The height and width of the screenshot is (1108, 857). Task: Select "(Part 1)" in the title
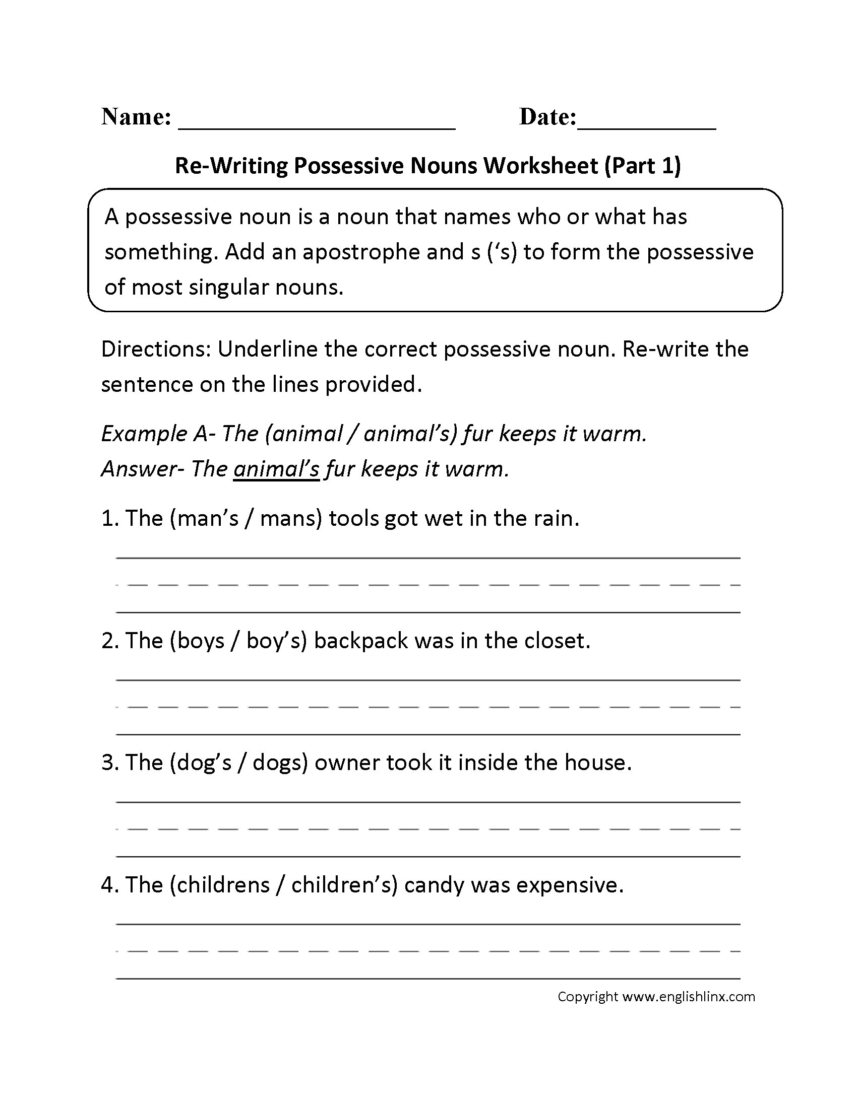[642, 166]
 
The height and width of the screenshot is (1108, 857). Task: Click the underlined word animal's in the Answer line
[276, 469]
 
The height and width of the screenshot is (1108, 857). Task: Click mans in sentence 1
[288, 518]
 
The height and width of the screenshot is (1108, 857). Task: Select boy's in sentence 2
[274, 641]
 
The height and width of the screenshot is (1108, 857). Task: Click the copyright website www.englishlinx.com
[689, 996]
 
